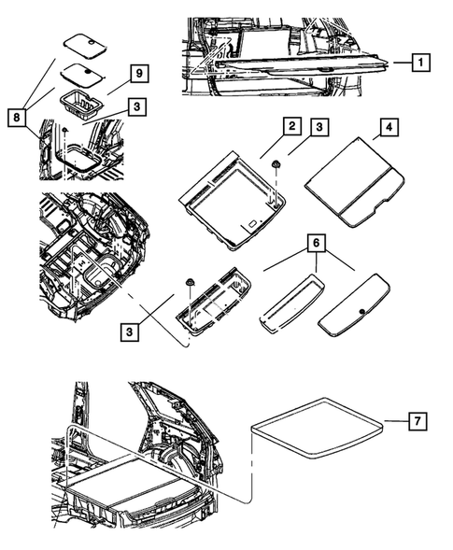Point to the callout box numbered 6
click(x=319, y=241)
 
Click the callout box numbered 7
click(x=420, y=423)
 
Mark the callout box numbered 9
click(x=136, y=73)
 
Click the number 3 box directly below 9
click(x=136, y=107)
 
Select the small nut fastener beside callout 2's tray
click(x=278, y=164)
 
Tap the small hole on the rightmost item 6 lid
click(x=361, y=310)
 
